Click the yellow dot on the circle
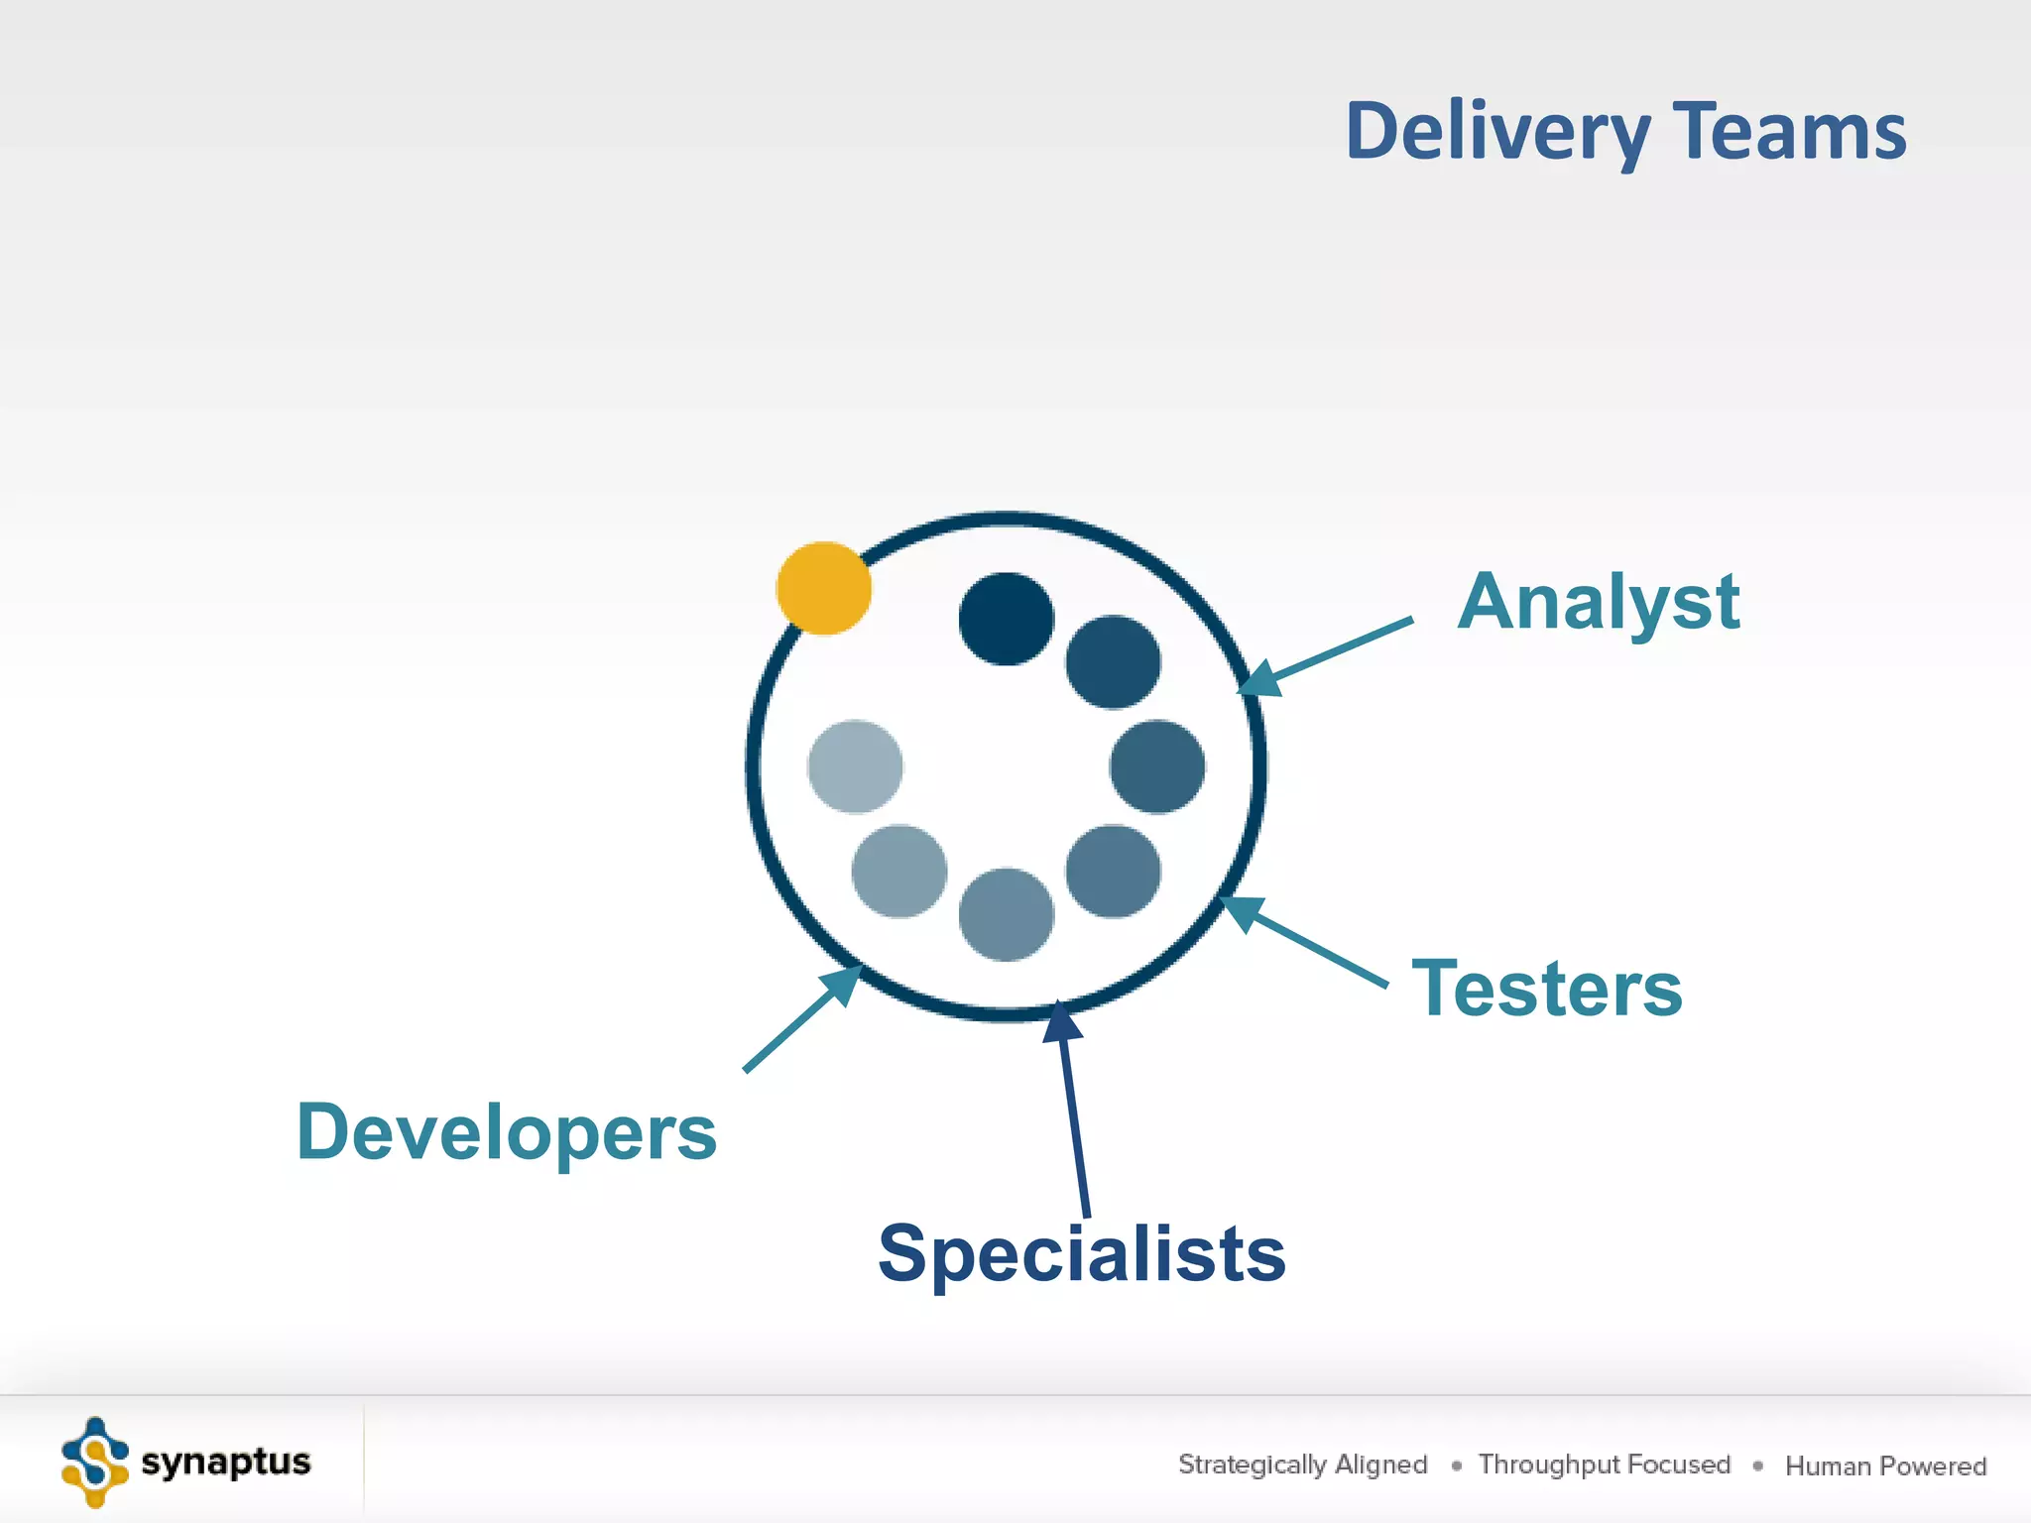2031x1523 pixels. tap(823, 588)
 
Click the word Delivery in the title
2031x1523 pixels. tap(1496, 132)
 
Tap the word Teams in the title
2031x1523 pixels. tap(1789, 132)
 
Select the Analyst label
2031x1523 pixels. tap(1598, 602)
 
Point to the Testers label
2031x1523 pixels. tap(1546, 989)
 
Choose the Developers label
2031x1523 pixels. tap(506, 1132)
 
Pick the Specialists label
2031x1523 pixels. tap(1081, 1253)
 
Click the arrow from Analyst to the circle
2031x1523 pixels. tap(1329, 655)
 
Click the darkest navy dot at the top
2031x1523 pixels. tap(1006, 619)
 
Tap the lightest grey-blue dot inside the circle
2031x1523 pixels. tap(855, 766)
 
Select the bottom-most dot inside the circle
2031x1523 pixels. tap(1006, 914)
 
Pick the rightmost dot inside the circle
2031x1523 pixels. tap(1156, 766)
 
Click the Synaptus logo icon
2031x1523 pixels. tap(95, 1463)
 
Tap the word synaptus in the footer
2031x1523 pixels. tap(226, 1463)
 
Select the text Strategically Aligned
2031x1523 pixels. tap(1302, 1464)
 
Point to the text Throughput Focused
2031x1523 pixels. tap(1604, 1464)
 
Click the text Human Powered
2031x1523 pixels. tap(1885, 1465)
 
